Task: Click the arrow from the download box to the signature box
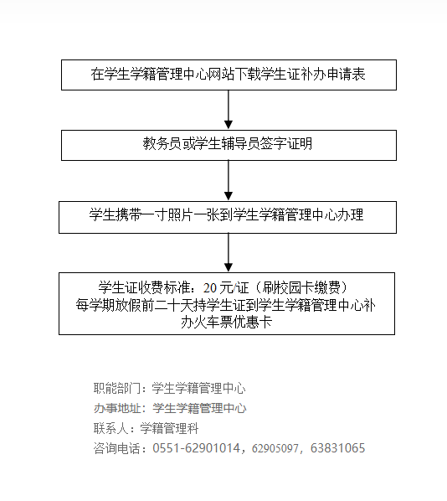pos(229,110)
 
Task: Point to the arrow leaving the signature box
pos(229,180)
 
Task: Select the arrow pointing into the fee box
pos(229,253)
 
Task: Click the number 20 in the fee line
pos(210,288)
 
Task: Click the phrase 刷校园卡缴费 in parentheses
pos(301,288)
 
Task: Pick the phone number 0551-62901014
pos(196,448)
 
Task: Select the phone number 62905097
pos(275,448)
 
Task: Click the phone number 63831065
pos(337,448)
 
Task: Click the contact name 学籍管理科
pos(170,428)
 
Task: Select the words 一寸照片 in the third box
pos(167,214)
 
